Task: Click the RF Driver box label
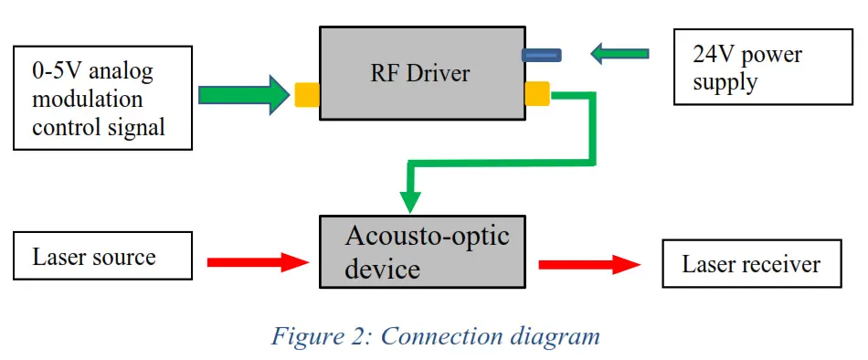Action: pyautogui.click(x=420, y=73)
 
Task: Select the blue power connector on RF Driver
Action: pyautogui.click(x=541, y=55)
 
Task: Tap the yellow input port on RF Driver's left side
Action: pyautogui.click(x=306, y=94)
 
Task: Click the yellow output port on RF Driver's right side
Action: pyautogui.click(x=537, y=92)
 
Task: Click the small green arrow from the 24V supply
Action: pyautogui.click(x=619, y=54)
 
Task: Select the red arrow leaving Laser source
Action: pyautogui.click(x=259, y=263)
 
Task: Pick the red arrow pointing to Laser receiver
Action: pyautogui.click(x=589, y=264)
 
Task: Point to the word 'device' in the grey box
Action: pyautogui.click(x=383, y=270)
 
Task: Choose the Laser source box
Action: pyautogui.click(x=102, y=257)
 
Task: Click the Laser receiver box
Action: pyautogui.click(x=751, y=265)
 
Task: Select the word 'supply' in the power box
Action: pyautogui.click(x=725, y=83)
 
